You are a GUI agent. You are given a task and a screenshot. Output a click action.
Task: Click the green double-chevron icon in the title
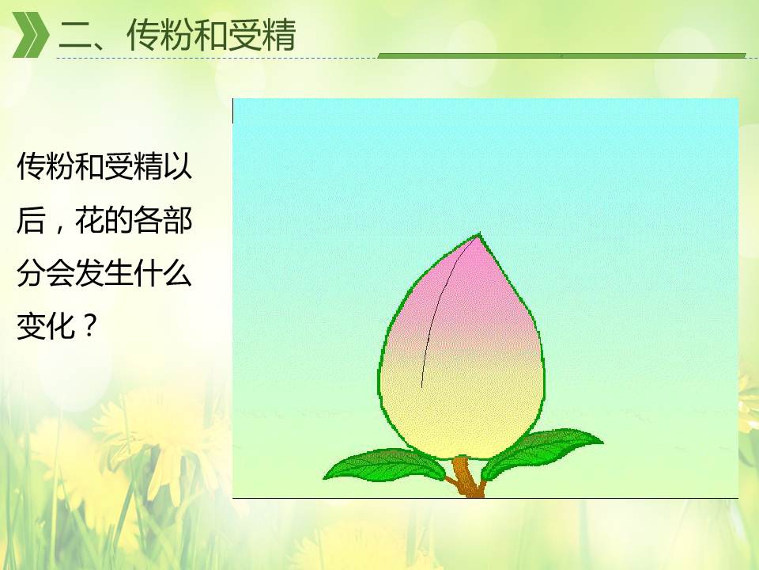point(30,35)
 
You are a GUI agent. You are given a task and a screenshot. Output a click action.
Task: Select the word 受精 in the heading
point(262,36)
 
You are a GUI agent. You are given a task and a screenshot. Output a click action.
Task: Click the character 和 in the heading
point(211,36)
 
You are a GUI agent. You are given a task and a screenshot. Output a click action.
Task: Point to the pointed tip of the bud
point(480,234)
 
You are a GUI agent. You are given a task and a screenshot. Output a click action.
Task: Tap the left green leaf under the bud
point(384,465)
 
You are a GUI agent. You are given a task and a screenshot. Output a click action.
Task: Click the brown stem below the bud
point(466,477)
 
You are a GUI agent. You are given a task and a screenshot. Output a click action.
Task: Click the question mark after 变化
point(88,325)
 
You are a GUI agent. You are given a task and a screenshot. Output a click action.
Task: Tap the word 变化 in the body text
point(46,325)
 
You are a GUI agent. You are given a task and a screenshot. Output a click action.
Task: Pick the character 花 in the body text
point(89,221)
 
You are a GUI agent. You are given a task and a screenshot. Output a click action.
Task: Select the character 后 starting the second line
point(31,221)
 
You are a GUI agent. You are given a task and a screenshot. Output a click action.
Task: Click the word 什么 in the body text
point(163,273)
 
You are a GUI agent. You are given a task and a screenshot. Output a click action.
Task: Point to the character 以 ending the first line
point(178,167)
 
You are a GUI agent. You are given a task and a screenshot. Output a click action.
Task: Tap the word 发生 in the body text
point(104,273)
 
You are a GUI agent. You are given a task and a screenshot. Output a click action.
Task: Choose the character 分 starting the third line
point(31,273)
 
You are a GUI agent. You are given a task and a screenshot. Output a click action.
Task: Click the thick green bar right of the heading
point(561,55)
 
